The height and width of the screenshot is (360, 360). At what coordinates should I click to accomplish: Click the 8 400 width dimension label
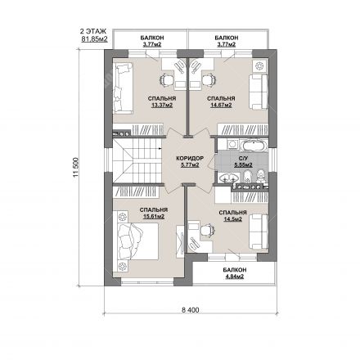[x=190, y=310]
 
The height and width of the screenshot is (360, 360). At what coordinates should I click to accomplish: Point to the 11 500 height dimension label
[x=76, y=167]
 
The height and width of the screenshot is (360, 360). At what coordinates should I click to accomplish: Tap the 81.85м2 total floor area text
[x=94, y=38]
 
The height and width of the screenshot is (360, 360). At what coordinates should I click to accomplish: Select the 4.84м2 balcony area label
[x=233, y=277]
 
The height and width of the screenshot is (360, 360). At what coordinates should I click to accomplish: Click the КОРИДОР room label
[x=190, y=159]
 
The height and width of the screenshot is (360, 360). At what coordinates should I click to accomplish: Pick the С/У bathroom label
[x=243, y=159]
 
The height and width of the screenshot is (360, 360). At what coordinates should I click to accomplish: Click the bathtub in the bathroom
[x=253, y=146]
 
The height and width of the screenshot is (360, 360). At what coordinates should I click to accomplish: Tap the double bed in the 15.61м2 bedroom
[x=137, y=241]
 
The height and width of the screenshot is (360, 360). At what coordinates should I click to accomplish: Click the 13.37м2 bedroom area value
[x=162, y=105]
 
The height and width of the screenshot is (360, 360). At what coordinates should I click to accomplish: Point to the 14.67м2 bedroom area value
[x=221, y=105]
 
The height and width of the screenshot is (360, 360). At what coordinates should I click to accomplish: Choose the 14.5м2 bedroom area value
[x=233, y=219]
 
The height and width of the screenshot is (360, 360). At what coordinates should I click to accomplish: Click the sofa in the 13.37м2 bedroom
[x=123, y=88]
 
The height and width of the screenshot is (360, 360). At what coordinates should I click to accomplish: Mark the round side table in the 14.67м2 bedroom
[x=259, y=65]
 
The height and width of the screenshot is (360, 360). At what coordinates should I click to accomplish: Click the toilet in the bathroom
[x=261, y=176]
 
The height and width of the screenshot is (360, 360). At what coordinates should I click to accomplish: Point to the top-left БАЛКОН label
[x=152, y=38]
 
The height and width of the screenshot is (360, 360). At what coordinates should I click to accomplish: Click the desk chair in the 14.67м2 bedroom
[x=209, y=79]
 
